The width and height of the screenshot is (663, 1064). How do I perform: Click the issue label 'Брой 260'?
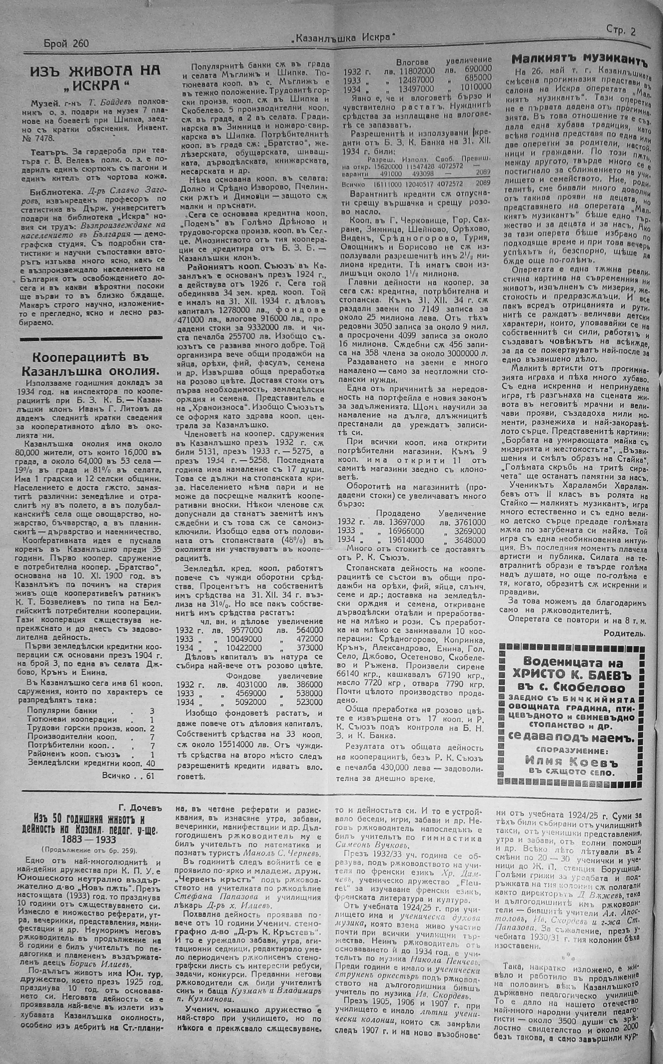point(66,43)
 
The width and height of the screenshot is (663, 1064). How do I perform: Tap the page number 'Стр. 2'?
point(621,31)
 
